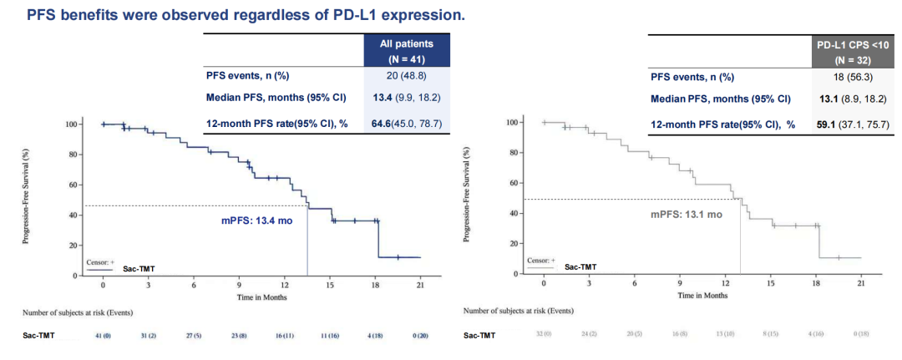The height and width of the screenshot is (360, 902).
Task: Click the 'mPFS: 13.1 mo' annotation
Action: coord(687,214)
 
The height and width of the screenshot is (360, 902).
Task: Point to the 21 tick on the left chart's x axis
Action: coord(420,286)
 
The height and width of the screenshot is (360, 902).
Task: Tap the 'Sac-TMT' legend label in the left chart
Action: coord(137,269)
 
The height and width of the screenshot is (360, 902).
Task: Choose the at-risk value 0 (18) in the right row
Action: coord(861,336)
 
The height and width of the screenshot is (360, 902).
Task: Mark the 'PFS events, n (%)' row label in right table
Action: coord(692,77)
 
